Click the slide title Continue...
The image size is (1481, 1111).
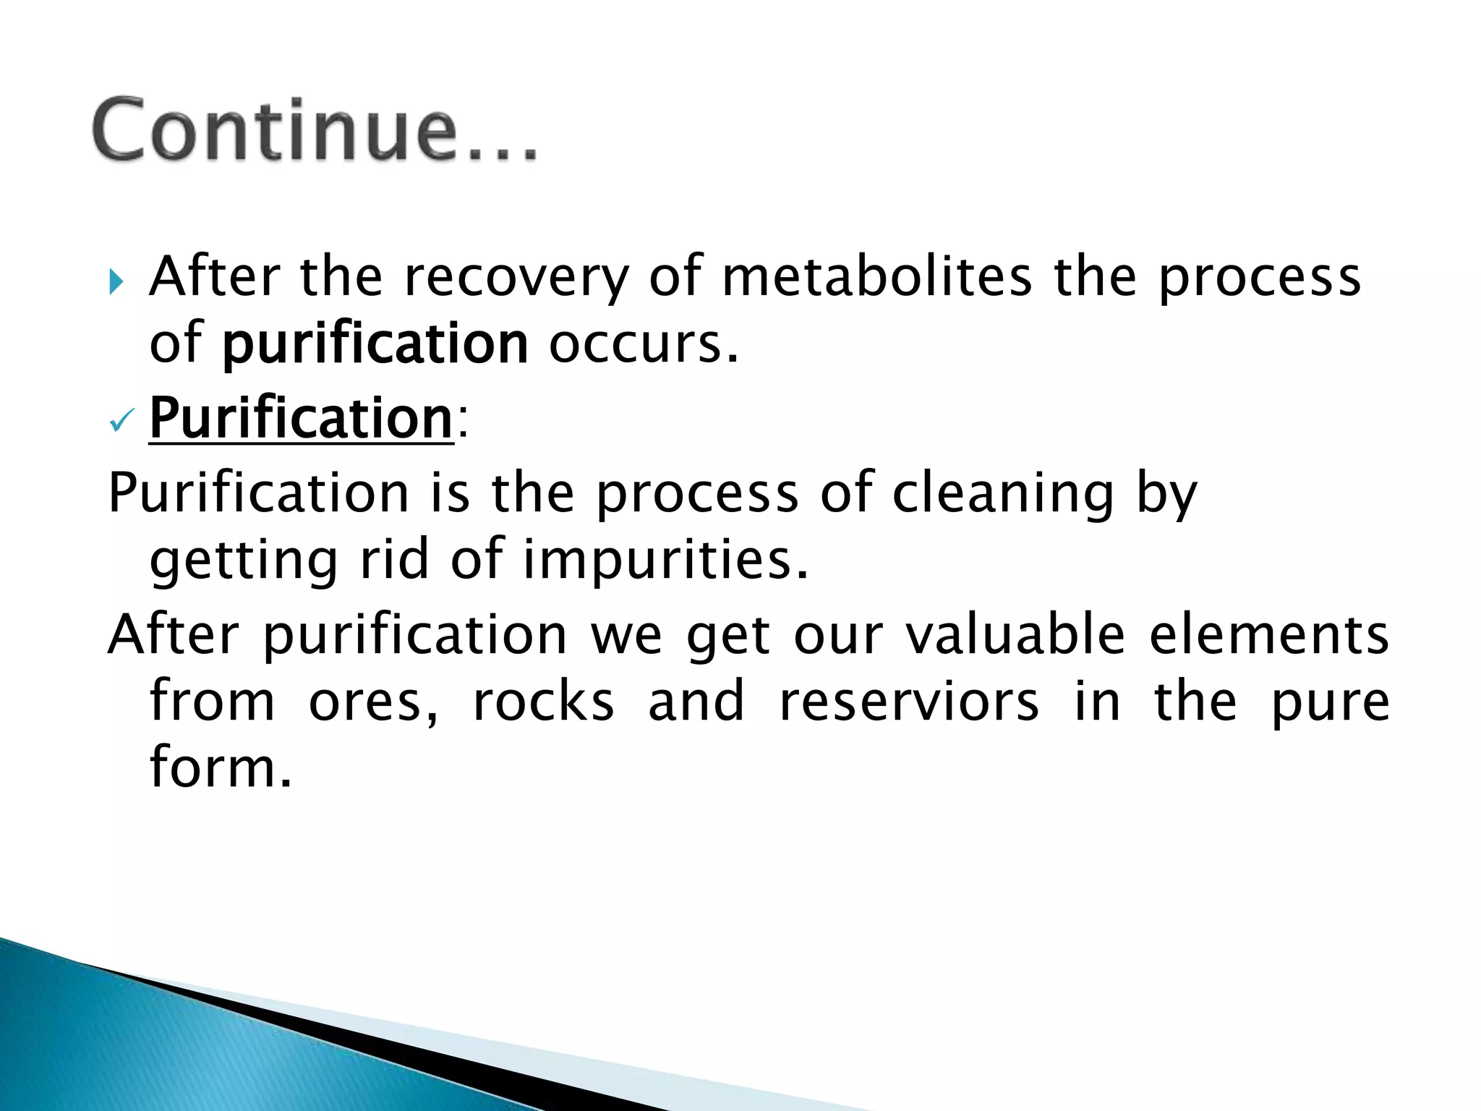pos(315,131)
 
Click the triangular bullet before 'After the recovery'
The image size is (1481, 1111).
pos(116,281)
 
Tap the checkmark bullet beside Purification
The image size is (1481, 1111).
pos(121,421)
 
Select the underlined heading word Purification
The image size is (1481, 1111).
pos(301,418)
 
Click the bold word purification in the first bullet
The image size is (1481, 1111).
pos(375,344)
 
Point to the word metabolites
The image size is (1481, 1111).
pos(876,276)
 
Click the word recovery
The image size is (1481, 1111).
pos(516,278)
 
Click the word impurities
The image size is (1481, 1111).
pos(665,560)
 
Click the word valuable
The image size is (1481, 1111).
pos(1015,635)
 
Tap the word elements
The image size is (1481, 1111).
pos(1269,635)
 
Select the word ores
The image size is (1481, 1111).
pos(373,702)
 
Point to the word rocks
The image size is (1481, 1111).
pos(544,702)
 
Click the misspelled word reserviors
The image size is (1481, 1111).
pos(909,702)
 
